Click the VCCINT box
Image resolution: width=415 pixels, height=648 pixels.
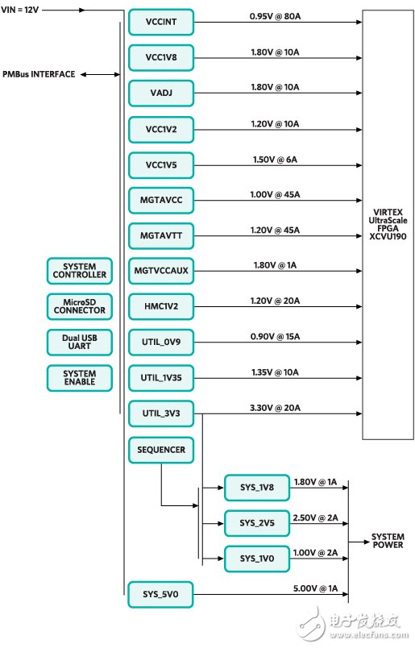point(161,23)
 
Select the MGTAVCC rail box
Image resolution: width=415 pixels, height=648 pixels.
point(161,200)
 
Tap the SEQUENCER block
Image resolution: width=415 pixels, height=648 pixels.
point(161,449)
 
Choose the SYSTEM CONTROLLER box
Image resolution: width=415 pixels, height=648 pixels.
point(79,271)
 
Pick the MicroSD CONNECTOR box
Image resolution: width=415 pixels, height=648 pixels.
point(79,306)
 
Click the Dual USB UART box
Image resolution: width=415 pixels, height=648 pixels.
point(79,342)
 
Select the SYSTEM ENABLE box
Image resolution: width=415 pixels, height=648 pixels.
point(79,377)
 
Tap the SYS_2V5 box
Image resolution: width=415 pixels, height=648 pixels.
point(257,522)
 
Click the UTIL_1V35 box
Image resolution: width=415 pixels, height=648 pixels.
point(161,377)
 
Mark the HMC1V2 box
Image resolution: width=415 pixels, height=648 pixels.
point(161,306)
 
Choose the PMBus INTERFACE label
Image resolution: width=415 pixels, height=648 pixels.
point(39,74)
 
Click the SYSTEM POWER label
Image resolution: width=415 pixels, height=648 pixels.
point(388,541)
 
